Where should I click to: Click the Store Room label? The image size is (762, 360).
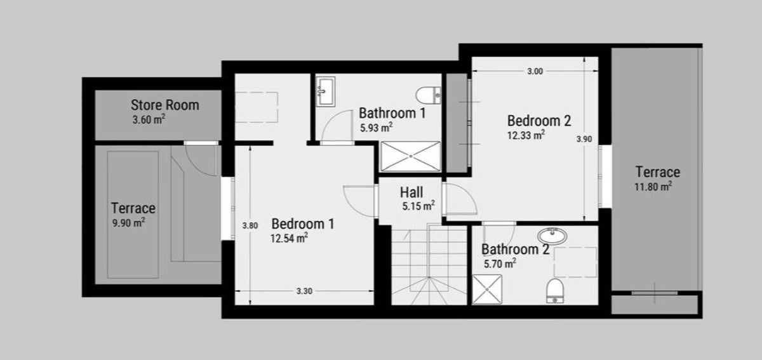coord(164,105)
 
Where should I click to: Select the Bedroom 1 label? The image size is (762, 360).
coord(303,224)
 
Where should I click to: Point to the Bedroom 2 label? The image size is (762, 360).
coord(540,121)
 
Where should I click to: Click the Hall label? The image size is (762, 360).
coord(411,192)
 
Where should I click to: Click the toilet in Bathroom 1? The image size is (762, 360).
coord(429,95)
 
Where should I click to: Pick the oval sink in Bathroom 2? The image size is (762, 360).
coord(556,236)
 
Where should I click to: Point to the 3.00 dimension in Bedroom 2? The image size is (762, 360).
coord(535,72)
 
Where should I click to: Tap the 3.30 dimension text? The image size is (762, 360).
coord(305,291)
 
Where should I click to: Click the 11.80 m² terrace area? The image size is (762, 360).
coord(654,186)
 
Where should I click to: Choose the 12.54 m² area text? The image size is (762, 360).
coord(290,238)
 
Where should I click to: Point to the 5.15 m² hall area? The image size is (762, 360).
coord(418,206)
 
